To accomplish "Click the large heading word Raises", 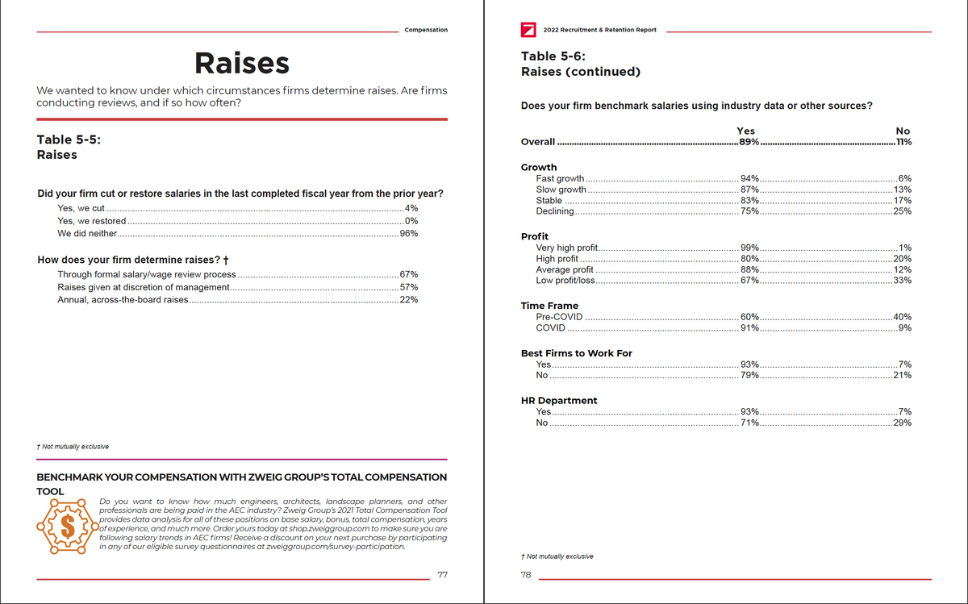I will pyautogui.click(x=241, y=63).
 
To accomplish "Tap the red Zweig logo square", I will pyautogui.click(x=528, y=30).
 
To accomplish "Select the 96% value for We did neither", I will pyautogui.click(x=409, y=234).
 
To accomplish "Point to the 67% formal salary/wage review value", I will pyautogui.click(x=409, y=274).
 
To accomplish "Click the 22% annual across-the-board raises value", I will pyautogui.click(x=409, y=300).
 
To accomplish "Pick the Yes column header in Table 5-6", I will pyautogui.click(x=745, y=131).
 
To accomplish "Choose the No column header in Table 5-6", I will pyautogui.click(x=903, y=131).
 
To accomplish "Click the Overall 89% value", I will pyautogui.click(x=749, y=142).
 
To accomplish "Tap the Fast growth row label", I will pyautogui.click(x=560, y=178).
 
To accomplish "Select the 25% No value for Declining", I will pyautogui.click(x=902, y=211).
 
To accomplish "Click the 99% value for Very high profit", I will pyautogui.click(x=749, y=248).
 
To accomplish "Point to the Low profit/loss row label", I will pyautogui.click(x=565, y=281).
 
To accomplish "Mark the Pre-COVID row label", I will pyautogui.click(x=559, y=317).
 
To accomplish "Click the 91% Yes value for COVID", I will pyautogui.click(x=749, y=328).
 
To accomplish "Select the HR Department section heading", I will pyautogui.click(x=559, y=401).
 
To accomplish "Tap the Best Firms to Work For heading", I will pyautogui.click(x=576, y=353).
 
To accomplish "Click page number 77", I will pyautogui.click(x=442, y=575).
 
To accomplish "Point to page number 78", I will pyautogui.click(x=526, y=575).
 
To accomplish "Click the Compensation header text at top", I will pyautogui.click(x=426, y=30).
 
